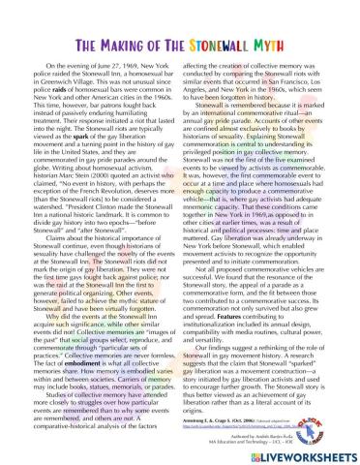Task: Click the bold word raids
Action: coord(85,100)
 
